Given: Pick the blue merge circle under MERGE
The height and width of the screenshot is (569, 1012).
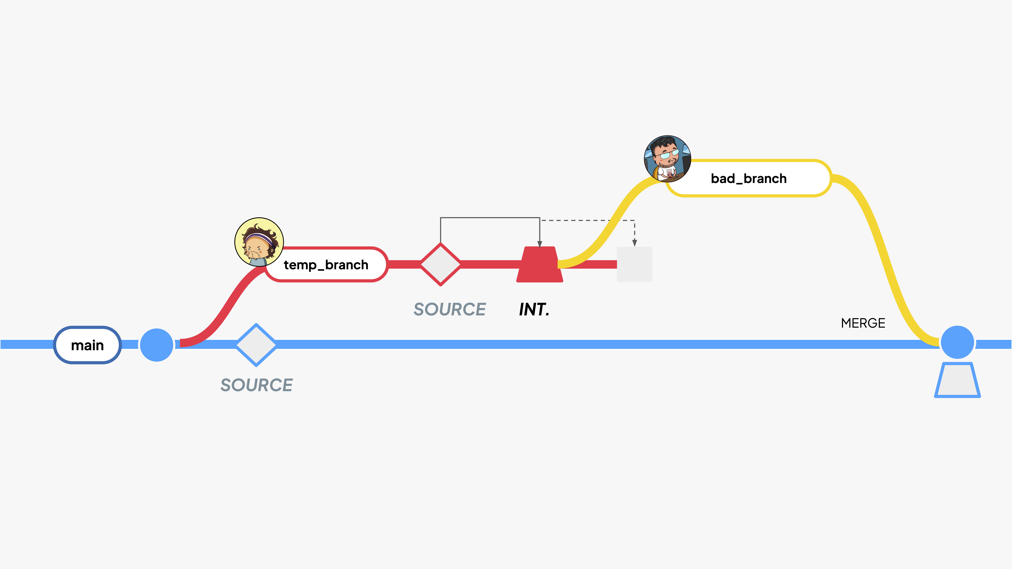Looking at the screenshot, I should coord(957,342).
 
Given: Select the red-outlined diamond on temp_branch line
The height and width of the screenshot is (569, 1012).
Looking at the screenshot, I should coord(440,264).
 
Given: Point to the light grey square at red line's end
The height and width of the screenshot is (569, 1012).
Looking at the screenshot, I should coord(634,264).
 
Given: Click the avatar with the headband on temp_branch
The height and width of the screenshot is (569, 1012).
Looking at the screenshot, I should coord(259,242).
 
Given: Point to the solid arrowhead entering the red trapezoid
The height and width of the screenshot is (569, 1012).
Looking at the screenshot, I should coord(540,244).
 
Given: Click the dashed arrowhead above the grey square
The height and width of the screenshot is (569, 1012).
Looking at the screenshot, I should coord(634,243).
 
